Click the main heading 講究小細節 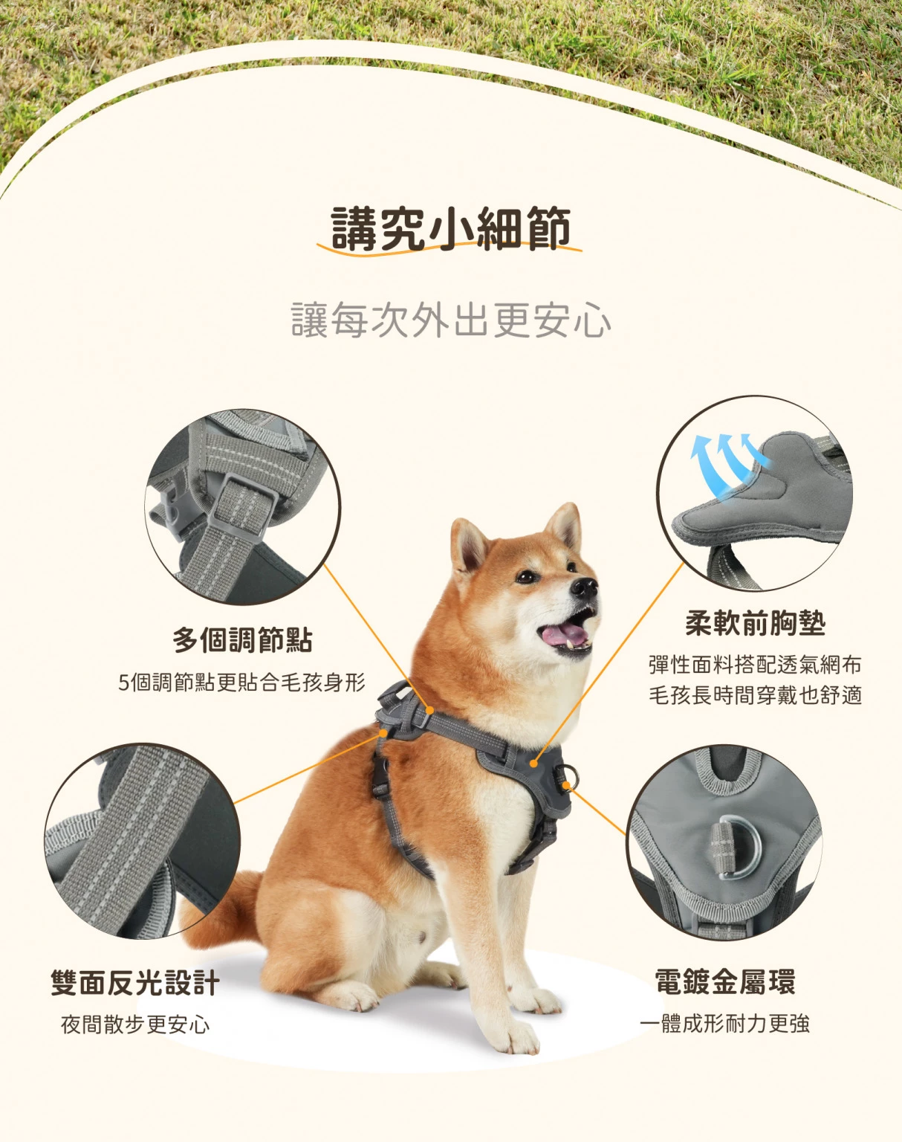coord(451,229)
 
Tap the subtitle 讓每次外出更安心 coord(451,320)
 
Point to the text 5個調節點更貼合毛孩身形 coord(241,683)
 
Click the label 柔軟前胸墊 coord(756,622)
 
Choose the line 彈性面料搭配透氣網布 coord(755,665)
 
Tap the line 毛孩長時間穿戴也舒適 coord(755,695)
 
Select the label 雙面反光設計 coord(135,983)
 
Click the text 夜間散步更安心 coord(135,1025)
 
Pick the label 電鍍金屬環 coord(725,981)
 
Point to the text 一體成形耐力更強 coord(725,1024)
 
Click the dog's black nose coord(585,587)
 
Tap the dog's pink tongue coord(564,635)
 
